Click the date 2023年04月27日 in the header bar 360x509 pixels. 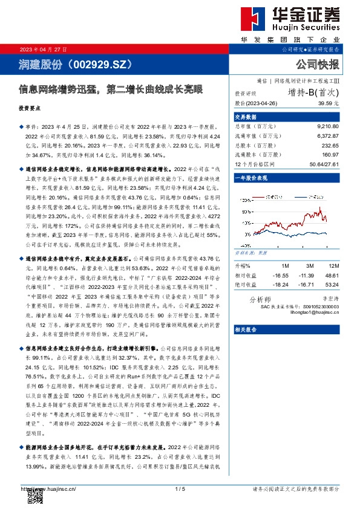click(44, 49)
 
